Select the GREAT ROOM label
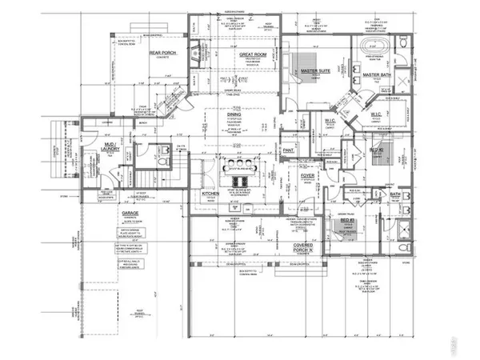[253, 54]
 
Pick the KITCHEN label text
[210, 194]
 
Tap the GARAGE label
[130, 215]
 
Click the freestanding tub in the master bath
[375, 43]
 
